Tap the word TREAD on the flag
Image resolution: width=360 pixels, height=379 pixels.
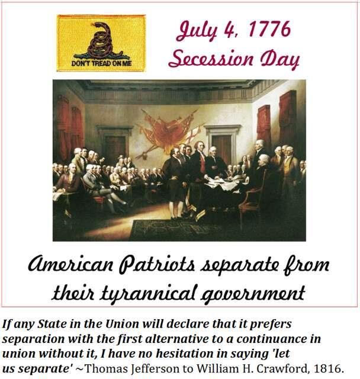(x=98, y=63)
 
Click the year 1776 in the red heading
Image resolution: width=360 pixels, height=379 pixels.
(x=269, y=30)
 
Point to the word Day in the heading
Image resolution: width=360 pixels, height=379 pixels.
(x=279, y=59)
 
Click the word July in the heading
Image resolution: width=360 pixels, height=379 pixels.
(x=197, y=31)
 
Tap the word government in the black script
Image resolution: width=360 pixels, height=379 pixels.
(x=253, y=294)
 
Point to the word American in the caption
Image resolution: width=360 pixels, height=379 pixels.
(x=70, y=265)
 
